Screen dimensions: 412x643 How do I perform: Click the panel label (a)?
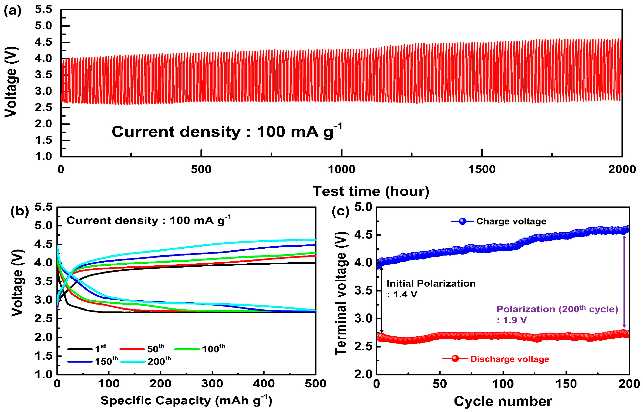tap(12, 11)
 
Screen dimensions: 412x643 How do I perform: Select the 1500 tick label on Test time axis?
tap(482, 170)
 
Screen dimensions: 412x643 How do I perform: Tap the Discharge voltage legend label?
tap(510, 359)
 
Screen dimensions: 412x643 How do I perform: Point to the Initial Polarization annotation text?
tap(431, 284)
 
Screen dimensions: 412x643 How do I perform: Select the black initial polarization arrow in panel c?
tap(381, 300)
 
